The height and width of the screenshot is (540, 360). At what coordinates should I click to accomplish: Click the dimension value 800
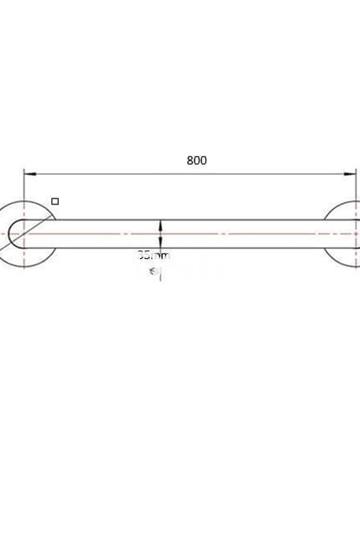[x=197, y=159]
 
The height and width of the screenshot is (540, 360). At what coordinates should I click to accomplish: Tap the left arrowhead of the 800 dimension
[x=27, y=172]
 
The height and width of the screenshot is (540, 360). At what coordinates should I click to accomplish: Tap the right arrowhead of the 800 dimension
[x=353, y=172]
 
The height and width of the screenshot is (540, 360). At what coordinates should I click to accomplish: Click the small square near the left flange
[x=55, y=201]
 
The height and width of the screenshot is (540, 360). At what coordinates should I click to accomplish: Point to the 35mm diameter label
[x=154, y=256]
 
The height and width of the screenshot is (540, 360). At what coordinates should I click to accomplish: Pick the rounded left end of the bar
[x=15, y=234]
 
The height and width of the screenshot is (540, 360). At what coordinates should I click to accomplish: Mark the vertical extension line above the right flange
[x=357, y=185]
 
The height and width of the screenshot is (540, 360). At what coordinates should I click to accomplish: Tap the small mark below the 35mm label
[x=155, y=271]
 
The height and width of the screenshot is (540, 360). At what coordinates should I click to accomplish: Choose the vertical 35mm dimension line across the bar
[x=160, y=234]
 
